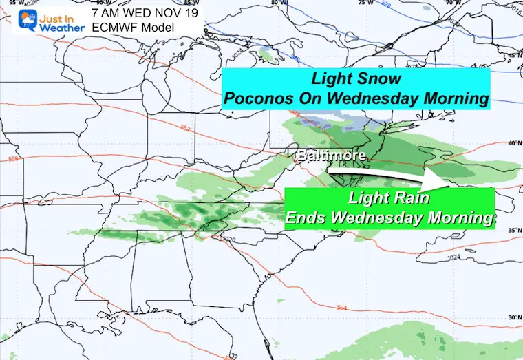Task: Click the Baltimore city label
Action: tap(330, 156)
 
